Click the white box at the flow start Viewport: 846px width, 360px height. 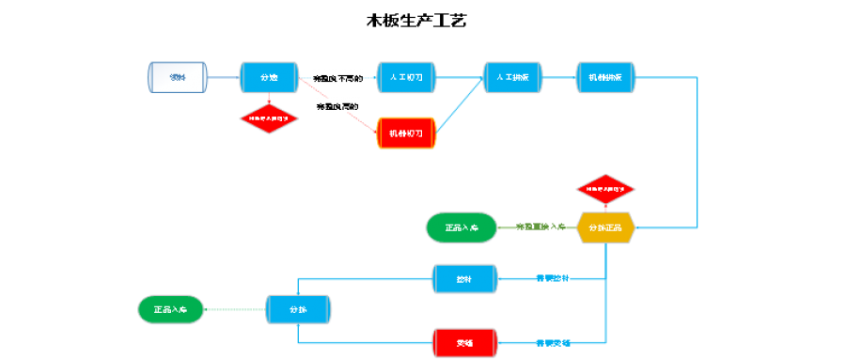177,77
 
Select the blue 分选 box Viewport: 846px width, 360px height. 269,77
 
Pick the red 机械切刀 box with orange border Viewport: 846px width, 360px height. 406,133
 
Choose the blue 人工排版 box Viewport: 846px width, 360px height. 512,77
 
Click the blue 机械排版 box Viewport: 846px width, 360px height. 605,77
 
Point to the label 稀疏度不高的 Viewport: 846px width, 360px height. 337,78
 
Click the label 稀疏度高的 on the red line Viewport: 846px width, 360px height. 337,107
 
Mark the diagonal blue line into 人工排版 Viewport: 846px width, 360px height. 461,106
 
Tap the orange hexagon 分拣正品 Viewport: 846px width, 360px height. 605,227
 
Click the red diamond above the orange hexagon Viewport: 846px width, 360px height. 605,189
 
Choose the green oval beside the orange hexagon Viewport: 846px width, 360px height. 461,227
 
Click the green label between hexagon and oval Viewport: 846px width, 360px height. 540,227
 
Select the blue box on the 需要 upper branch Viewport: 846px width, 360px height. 462,278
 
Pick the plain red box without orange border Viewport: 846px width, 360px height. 462,343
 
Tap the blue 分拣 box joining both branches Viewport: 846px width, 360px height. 298,309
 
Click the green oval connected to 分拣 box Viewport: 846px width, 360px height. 170,309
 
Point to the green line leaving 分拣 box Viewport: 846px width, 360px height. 235,309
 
